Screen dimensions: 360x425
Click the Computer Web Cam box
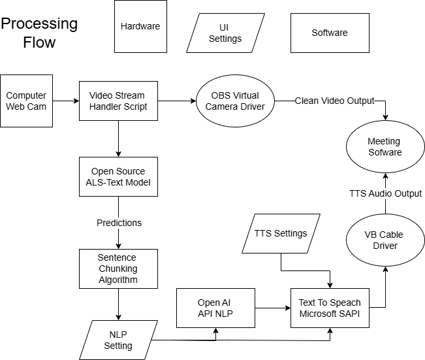(x=27, y=101)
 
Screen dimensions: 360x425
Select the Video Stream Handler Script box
(x=118, y=101)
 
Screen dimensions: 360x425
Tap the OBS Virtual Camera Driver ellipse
(x=235, y=101)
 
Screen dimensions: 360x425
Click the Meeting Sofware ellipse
(x=384, y=147)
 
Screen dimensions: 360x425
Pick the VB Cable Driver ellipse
(x=384, y=240)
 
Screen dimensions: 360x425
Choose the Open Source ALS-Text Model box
(x=118, y=176)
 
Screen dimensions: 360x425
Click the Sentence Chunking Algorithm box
(x=118, y=269)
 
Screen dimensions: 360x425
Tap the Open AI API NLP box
(x=215, y=308)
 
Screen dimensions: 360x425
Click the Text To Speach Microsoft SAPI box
(x=330, y=308)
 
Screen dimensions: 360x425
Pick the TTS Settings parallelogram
(x=281, y=233)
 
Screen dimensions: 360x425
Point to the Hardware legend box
(x=140, y=27)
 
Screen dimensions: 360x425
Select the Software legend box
(x=330, y=33)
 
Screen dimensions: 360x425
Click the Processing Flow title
(x=39, y=33)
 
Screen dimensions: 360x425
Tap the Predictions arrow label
(x=119, y=223)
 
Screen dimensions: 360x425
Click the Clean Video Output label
(x=335, y=101)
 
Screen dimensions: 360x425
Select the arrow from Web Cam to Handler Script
(x=66, y=101)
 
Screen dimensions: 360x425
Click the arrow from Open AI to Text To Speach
(x=272, y=308)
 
